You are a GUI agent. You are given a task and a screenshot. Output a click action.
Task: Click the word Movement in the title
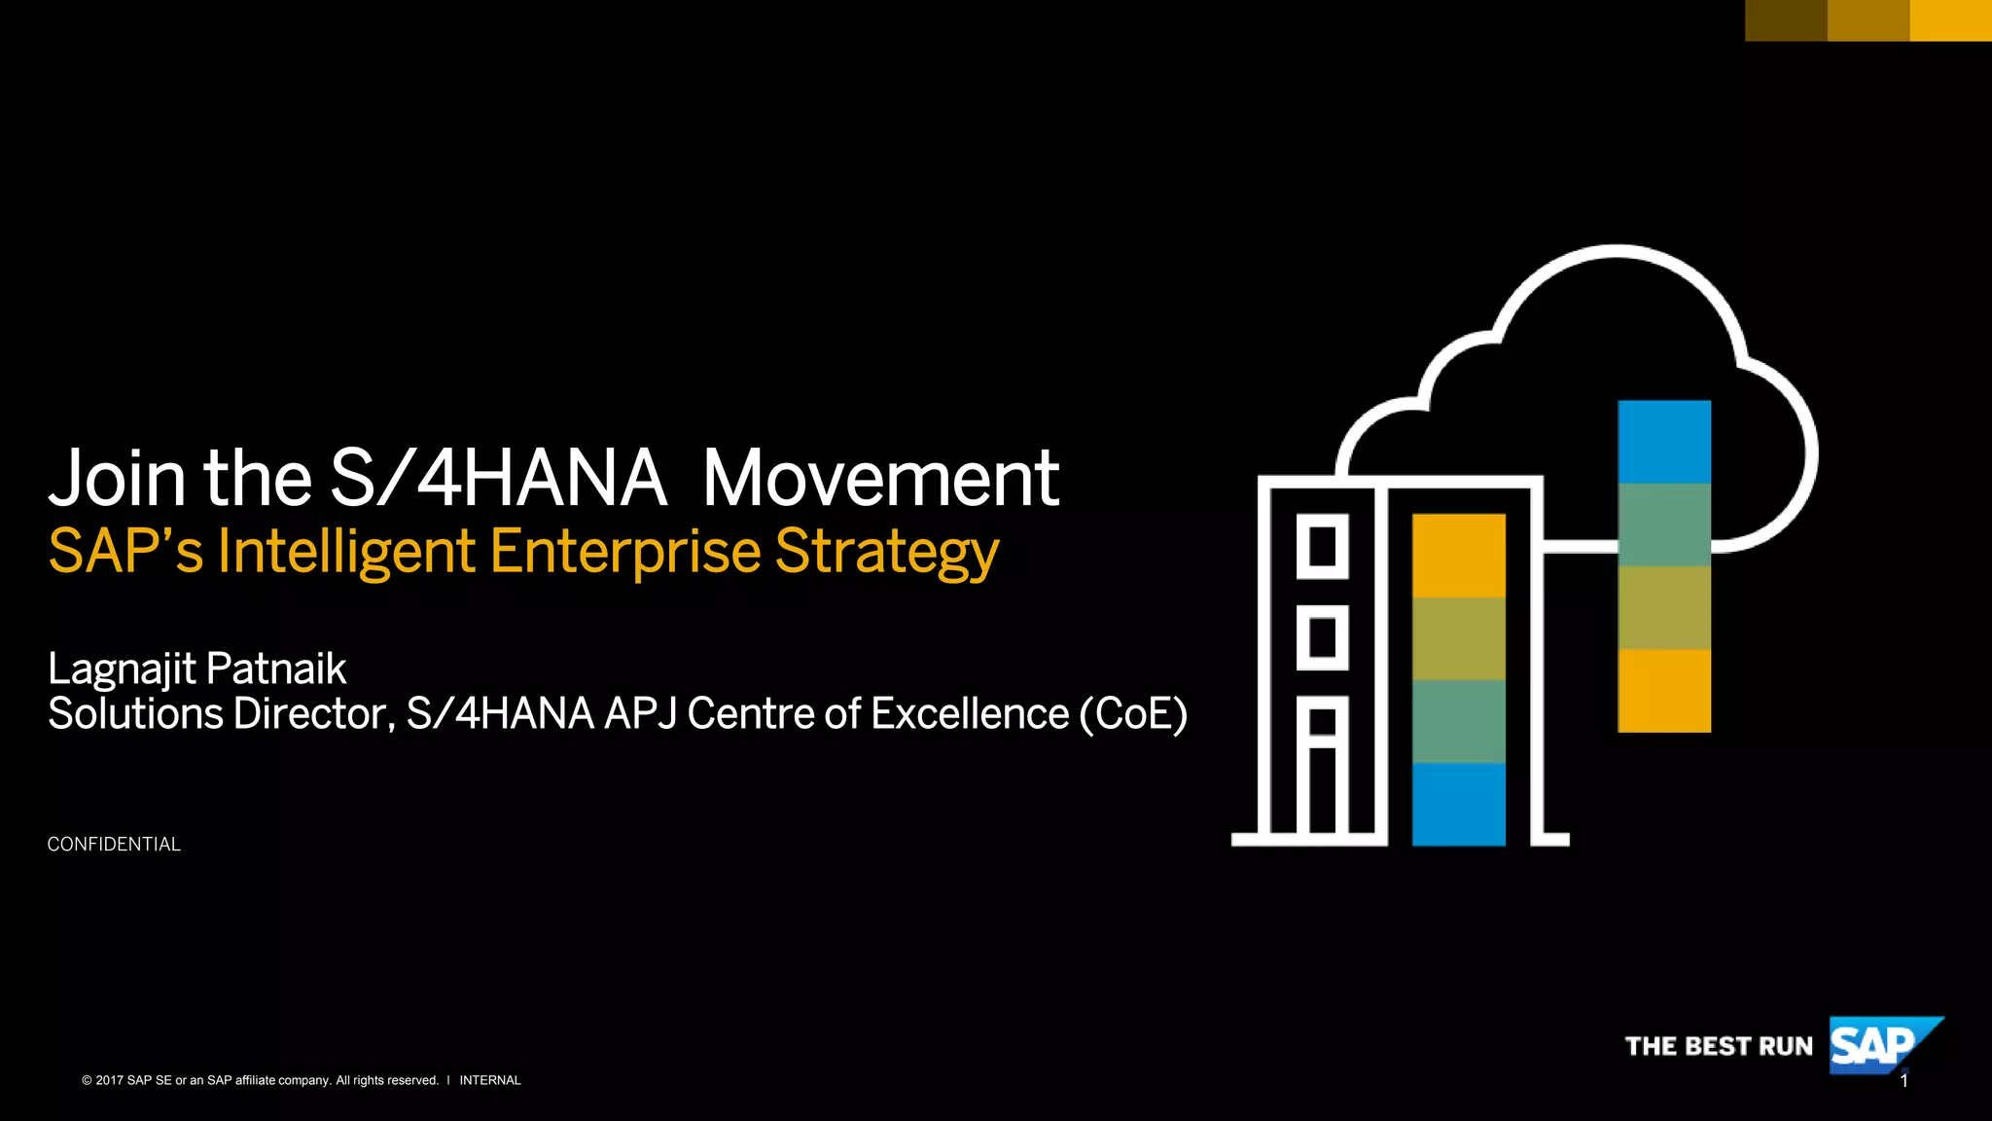(x=880, y=479)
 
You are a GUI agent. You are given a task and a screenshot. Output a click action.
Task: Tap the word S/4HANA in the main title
(x=498, y=479)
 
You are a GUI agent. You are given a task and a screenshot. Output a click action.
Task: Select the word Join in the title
(x=117, y=479)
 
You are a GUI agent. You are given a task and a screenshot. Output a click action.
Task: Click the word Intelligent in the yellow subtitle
(x=346, y=551)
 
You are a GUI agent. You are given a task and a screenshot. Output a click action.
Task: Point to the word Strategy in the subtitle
(x=887, y=553)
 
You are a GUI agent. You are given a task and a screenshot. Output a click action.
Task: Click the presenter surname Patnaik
(x=276, y=669)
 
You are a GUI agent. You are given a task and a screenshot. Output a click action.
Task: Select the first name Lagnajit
(x=123, y=669)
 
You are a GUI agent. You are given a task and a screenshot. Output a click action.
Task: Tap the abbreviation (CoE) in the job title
(x=1133, y=714)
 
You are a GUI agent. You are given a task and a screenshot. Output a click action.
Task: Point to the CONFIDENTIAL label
(x=114, y=845)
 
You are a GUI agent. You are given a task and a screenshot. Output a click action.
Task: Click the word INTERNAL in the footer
(x=490, y=1080)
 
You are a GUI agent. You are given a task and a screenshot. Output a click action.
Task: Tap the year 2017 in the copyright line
(x=109, y=1080)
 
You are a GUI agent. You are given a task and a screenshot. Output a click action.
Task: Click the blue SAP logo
(x=1873, y=1046)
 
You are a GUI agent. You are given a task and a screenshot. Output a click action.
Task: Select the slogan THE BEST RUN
(x=1719, y=1047)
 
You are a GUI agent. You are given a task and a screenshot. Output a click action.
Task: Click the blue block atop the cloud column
(x=1664, y=442)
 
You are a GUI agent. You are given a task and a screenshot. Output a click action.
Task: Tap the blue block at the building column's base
(x=1458, y=804)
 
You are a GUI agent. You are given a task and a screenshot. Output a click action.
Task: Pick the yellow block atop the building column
(x=1458, y=556)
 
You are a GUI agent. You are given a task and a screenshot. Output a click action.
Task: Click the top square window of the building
(x=1322, y=546)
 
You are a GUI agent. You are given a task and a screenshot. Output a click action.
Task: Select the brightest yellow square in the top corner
(x=1950, y=20)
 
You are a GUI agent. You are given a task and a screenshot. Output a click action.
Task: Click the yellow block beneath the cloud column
(x=1664, y=691)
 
